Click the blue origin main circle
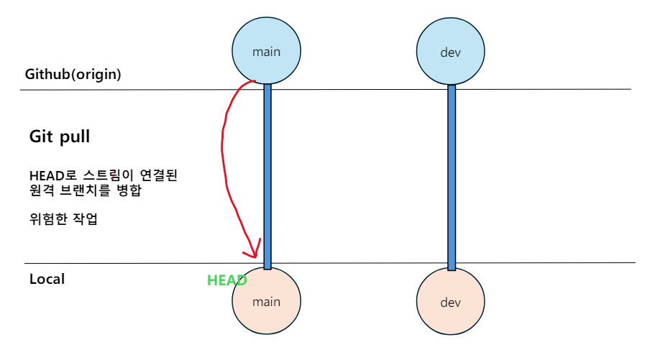[x=266, y=51]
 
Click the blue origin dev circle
[x=451, y=52]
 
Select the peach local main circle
[x=266, y=301]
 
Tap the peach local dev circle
[x=451, y=303]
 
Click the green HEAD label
[x=227, y=281]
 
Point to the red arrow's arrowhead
[x=252, y=252]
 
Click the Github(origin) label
[x=73, y=74]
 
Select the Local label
[x=47, y=279]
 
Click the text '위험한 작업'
[x=63, y=220]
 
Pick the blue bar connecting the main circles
[x=267, y=176]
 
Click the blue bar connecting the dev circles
[x=452, y=176]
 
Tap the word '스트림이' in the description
[x=99, y=176]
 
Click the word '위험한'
[x=49, y=220]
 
